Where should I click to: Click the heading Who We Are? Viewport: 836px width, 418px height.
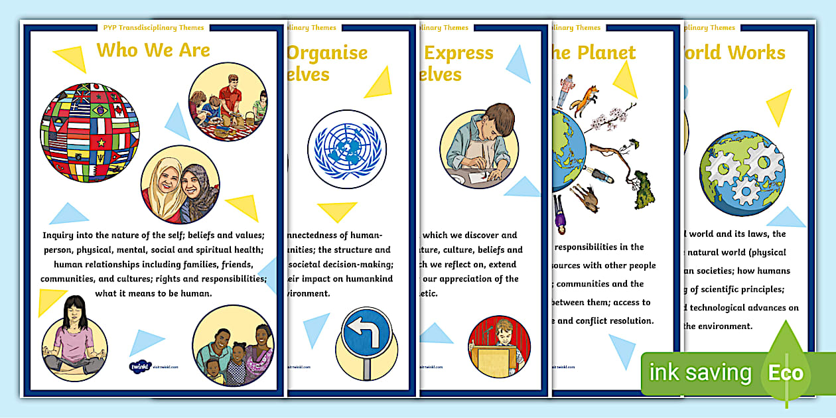(153, 50)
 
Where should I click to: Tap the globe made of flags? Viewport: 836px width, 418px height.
(90, 137)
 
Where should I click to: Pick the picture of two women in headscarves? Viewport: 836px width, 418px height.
(180, 185)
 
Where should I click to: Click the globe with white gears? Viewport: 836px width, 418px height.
(742, 169)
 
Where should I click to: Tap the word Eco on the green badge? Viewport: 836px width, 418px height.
(786, 372)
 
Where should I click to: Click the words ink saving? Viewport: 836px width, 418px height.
(700, 373)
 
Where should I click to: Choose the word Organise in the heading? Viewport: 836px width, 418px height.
(326, 53)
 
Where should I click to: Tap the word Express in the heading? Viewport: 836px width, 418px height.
(458, 53)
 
